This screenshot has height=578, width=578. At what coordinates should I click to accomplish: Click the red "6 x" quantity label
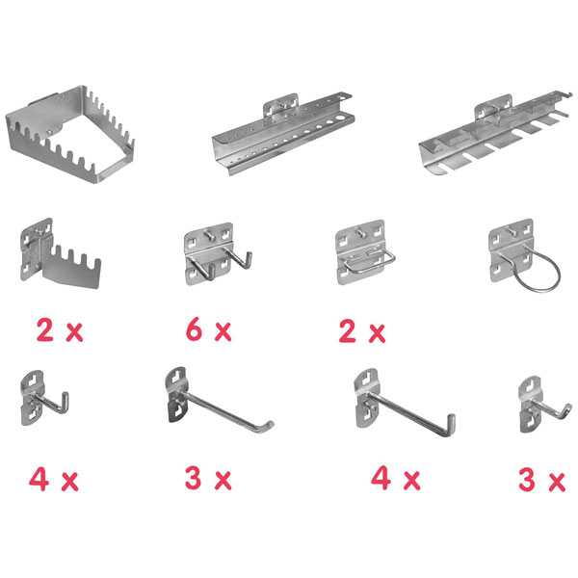pyautogui.click(x=209, y=329)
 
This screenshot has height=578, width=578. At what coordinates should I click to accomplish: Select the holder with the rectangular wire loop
pyautogui.click(x=365, y=252)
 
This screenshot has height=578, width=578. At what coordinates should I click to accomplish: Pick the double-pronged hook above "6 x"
pyautogui.click(x=218, y=253)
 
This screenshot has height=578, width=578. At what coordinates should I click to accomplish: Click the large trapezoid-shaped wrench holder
pyautogui.click(x=70, y=135)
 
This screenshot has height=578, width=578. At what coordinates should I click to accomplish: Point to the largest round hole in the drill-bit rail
pyautogui.click(x=342, y=118)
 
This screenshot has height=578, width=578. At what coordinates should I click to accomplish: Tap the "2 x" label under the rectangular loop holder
pyautogui.click(x=362, y=331)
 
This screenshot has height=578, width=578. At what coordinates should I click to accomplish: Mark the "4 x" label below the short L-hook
pyautogui.click(x=54, y=479)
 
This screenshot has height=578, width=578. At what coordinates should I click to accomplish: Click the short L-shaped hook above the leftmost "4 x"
pyautogui.click(x=44, y=398)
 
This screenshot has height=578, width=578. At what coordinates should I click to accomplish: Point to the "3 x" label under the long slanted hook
pyautogui.click(x=208, y=478)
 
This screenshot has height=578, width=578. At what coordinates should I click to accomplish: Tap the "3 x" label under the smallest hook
pyautogui.click(x=541, y=479)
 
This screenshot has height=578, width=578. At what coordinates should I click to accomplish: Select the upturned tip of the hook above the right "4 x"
pyautogui.click(x=451, y=423)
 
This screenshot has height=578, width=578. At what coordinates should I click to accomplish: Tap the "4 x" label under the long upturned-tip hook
pyautogui.click(x=395, y=478)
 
